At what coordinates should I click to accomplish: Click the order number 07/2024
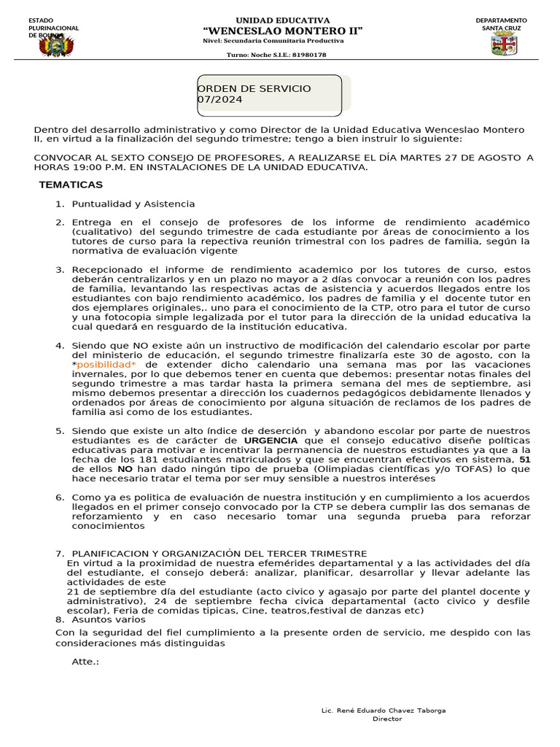pos(220,100)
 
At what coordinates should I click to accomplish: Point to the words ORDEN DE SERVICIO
pos(254,88)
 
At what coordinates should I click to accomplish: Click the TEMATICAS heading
pos(71,185)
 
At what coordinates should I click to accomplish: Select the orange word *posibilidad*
pos(106,364)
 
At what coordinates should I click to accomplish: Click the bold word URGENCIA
pos(271,441)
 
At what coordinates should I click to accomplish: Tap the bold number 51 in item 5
pos(524,460)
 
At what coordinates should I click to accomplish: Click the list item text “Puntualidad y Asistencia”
pos(133,204)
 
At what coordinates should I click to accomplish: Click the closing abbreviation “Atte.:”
pos(85,662)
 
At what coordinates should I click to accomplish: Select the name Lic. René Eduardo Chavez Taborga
pos(384,710)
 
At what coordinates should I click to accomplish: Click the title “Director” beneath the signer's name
pos(387,719)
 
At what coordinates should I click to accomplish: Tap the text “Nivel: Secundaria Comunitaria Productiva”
pos(273,41)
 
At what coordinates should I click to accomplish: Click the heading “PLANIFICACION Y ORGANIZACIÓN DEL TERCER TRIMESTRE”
pos(219,554)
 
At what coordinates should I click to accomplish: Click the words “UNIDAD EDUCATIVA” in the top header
pos(283,20)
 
